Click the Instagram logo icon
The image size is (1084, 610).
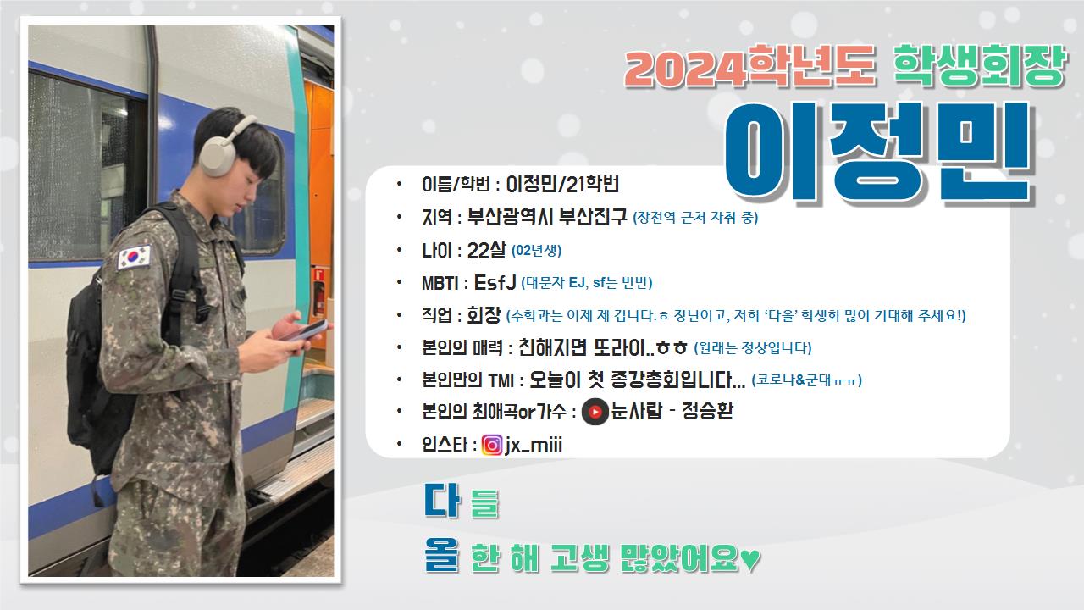[492, 445]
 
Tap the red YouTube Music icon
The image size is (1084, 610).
[595, 412]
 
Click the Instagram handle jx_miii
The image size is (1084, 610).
[534, 445]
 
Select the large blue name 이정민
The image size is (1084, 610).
[878, 153]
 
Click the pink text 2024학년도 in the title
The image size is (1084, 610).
[749, 66]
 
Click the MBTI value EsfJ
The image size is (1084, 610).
[495, 282]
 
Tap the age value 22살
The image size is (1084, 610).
[486, 250]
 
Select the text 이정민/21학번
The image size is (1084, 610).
[562, 184]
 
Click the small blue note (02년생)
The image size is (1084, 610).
[536, 251]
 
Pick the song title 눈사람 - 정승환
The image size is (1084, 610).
[672, 412]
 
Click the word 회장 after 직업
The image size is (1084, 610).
[484, 315]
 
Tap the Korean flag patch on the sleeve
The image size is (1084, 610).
[134, 257]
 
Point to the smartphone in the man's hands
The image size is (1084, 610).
[307, 330]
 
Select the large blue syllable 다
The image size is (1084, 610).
[441, 500]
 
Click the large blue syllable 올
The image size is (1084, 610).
[441, 555]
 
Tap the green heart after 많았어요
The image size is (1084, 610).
[750, 560]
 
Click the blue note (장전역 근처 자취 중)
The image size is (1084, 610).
[695, 218]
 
